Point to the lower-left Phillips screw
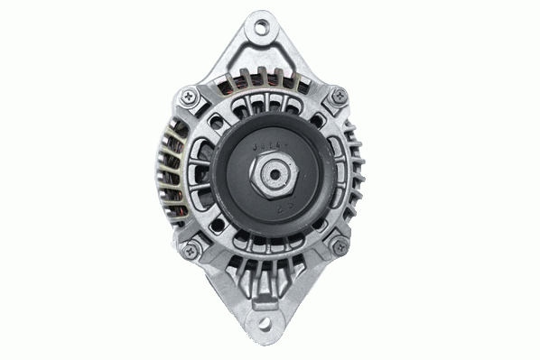(x=191, y=247)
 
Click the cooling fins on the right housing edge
(x=361, y=171)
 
